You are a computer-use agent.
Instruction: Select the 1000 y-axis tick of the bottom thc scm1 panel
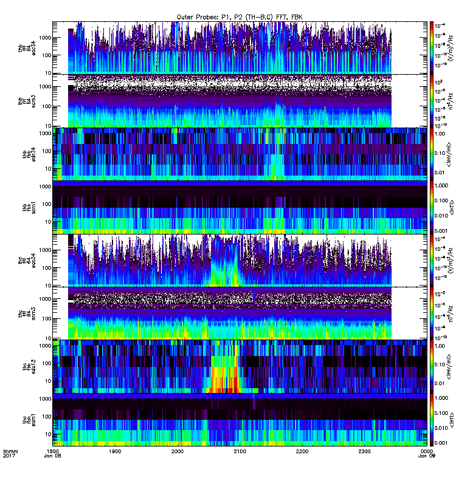coord(44,399)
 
